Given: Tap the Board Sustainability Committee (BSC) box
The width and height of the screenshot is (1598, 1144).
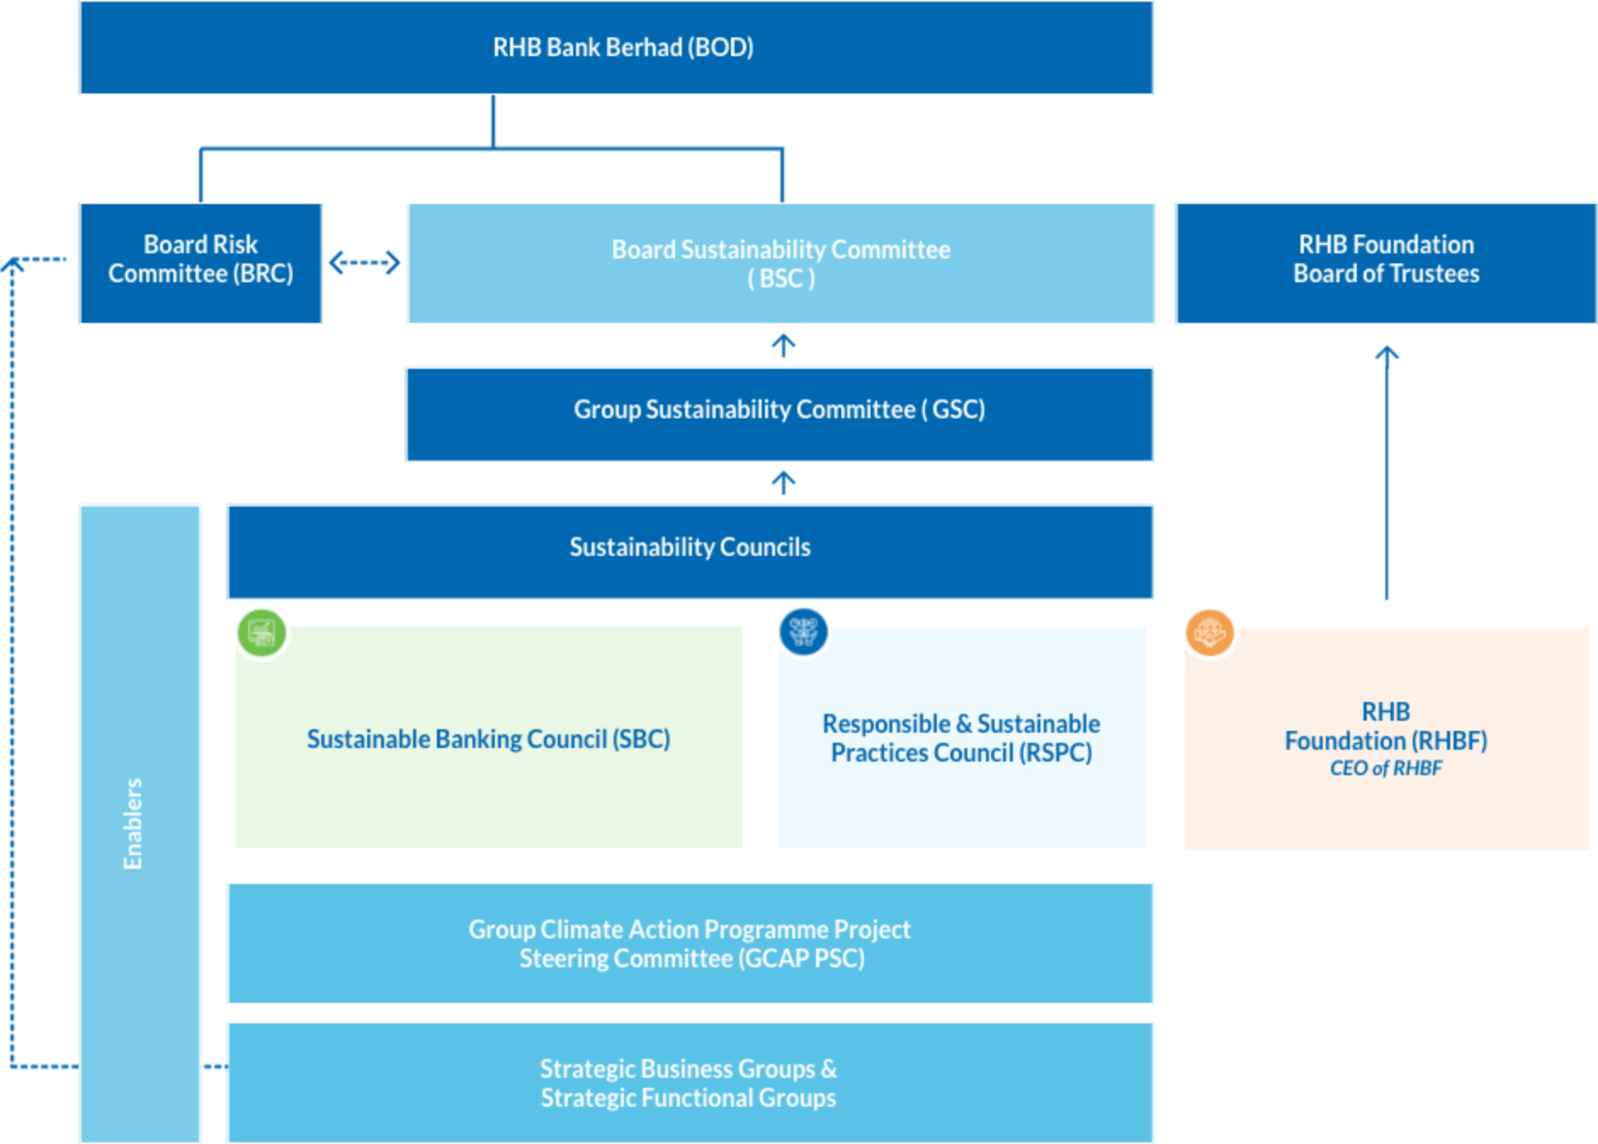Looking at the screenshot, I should pos(780,263).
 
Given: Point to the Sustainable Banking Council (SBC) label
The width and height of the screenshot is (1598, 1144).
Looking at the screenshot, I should pos(488,739).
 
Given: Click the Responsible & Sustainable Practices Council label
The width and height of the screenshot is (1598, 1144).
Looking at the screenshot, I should pos(960,739).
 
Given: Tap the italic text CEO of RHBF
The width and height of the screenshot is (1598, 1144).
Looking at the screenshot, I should pos(1385,768).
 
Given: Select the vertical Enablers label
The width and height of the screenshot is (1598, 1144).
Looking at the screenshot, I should pos(133,823).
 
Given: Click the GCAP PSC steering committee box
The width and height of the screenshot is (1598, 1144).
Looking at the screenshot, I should pos(689,943).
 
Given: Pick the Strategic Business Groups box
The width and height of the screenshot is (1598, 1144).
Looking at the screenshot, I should pos(689,1083).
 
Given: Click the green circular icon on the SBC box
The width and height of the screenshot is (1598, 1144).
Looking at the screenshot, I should pos(262,632).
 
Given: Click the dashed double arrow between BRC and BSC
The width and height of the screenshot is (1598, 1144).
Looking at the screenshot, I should pos(365,263).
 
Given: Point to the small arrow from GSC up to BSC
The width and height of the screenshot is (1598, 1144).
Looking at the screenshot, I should pos(784,345).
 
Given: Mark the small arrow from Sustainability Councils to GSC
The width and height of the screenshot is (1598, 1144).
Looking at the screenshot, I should pos(784,483).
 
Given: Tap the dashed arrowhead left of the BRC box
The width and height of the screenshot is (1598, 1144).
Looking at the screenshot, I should pos(14,265).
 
